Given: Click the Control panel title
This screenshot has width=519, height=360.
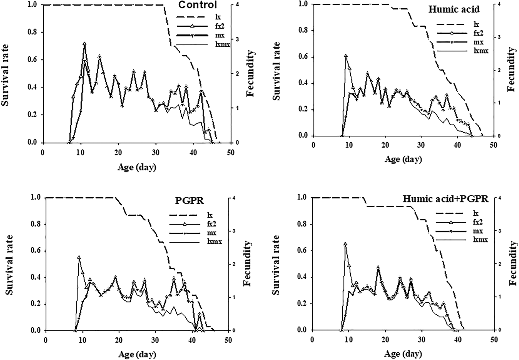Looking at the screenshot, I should point(197,5).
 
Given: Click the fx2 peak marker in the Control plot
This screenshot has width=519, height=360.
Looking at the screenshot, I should point(85,44).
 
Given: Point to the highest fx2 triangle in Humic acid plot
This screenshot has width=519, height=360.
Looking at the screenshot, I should point(346,56).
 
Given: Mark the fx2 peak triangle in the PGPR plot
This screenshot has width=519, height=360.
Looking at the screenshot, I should point(79,257).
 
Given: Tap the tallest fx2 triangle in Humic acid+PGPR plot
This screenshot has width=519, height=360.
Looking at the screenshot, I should point(345,244).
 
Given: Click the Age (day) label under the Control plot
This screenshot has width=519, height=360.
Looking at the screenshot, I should point(137,167).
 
